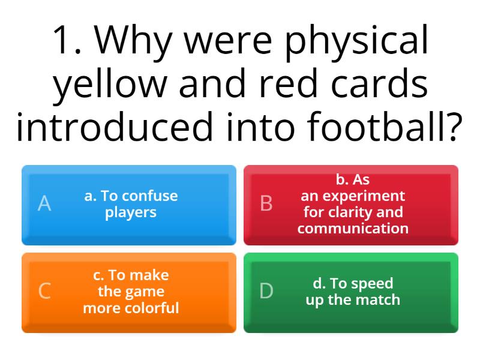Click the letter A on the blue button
44,204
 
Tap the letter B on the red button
266,204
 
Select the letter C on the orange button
44,292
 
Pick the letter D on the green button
266,292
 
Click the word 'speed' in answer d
372,283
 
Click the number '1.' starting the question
67,41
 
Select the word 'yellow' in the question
109,85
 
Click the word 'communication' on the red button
353,229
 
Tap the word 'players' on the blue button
131,212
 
